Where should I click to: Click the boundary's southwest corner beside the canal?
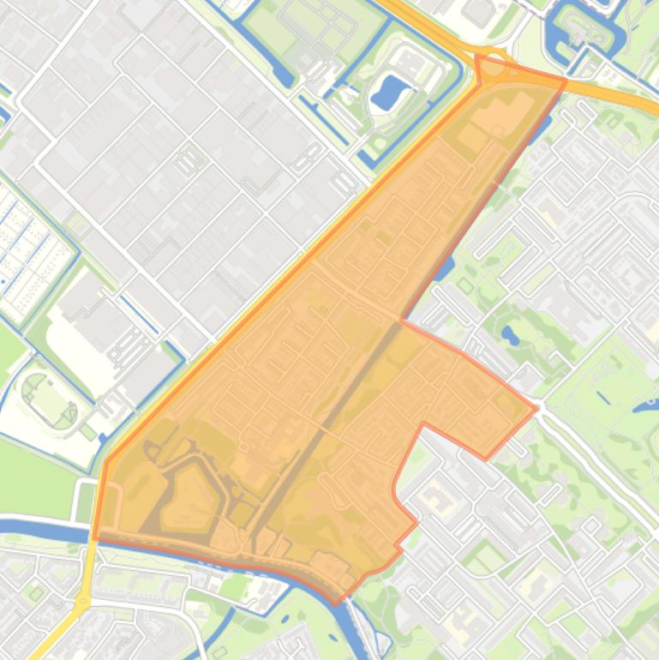coord(96,538)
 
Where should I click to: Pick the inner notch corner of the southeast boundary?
coord(424,423)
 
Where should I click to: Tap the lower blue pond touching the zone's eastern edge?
coord(445,268)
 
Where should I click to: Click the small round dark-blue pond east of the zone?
coord(511,335)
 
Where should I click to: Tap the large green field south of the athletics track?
coord(30,476)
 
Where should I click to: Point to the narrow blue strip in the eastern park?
coord(604,397)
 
